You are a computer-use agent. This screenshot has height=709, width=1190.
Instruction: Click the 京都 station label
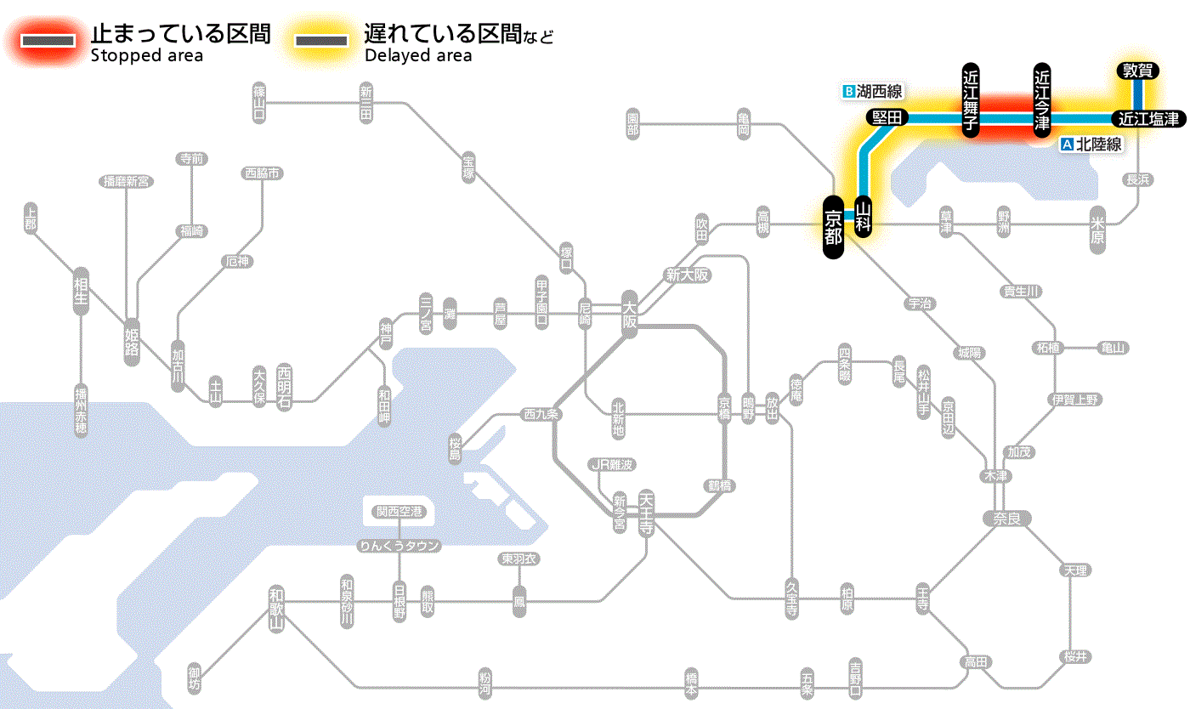[833, 226]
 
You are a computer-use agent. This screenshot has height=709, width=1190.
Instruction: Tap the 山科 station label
[864, 218]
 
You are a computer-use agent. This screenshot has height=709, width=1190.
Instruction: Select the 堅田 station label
[887, 118]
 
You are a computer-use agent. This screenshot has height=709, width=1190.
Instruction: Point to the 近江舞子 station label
[971, 100]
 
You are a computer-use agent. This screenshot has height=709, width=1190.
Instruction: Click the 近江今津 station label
[1042, 100]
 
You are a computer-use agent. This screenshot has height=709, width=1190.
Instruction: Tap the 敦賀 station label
[1137, 71]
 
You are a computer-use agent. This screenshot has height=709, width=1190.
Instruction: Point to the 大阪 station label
[629, 315]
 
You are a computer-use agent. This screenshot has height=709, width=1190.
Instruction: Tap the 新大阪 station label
[687, 275]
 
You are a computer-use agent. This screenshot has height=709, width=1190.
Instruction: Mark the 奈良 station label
[1006, 518]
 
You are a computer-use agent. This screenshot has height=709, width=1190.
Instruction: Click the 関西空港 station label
[399, 512]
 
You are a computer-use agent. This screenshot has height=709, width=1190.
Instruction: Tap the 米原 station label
[1097, 228]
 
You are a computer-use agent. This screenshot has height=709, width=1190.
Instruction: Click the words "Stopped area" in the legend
[146, 56]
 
